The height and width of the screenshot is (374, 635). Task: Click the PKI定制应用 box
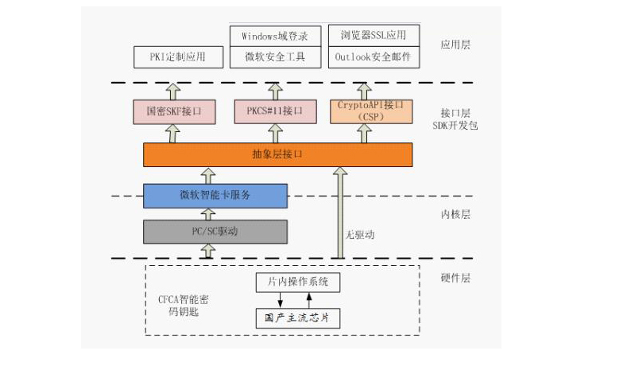[177, 57]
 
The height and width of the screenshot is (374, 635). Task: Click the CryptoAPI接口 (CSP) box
[371, 111]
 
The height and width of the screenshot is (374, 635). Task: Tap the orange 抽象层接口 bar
[277, 154]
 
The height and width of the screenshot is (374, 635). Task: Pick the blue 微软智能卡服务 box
[215, 195]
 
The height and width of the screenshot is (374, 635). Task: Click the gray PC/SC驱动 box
[215, 231]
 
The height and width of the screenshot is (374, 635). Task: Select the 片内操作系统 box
[297, 282]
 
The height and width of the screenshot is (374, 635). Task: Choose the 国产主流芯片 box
[297, 318]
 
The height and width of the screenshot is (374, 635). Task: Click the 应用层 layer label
[455, 45]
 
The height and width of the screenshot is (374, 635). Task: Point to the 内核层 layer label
[455, 214]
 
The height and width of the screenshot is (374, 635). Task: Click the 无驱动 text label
[359, 235]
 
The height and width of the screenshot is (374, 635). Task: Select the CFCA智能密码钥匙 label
[184, 306]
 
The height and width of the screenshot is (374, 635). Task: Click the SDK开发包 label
[455, 126]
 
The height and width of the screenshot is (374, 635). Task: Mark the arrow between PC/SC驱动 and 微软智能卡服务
[208, 213]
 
